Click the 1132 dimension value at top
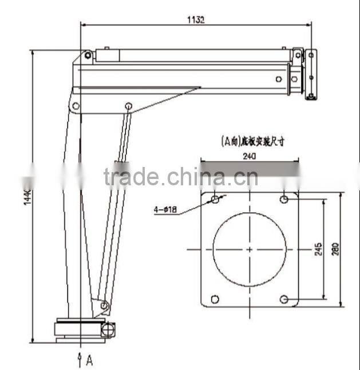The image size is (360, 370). (x=196, y=19)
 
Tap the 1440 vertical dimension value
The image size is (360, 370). (x=27, y=197)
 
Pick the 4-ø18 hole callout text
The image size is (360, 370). (x=164, y=210)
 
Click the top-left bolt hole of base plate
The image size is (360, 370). (x=215, y=200)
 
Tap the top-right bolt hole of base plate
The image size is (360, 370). (x=284, y=199)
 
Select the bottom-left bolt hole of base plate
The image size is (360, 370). (x=215, y=299)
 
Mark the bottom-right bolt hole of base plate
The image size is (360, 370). (x=284, y=299)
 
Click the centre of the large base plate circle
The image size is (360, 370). (x=250, y=249)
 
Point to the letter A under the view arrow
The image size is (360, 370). (x=89, y=360)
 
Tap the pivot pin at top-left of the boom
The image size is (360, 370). (x=88, y=55)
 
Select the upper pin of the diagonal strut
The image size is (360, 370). (x=129, y=106)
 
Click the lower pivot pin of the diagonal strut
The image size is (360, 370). (x=104, y=306)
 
